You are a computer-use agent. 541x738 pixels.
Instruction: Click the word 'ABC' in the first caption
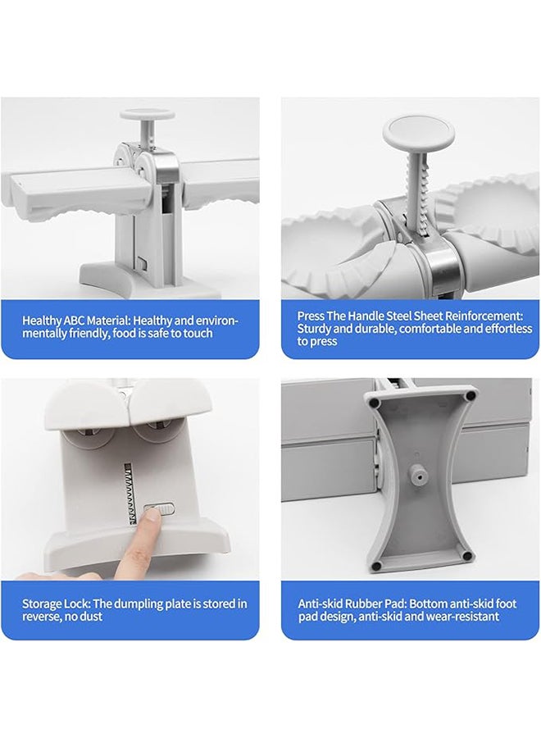click(x=73, y=321)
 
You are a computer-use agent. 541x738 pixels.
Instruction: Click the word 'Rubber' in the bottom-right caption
click(x=363, y=604)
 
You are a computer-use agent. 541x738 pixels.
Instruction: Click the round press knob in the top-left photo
click(x=148, y=115)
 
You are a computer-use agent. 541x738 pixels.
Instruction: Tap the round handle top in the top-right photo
click(x=419, y=132)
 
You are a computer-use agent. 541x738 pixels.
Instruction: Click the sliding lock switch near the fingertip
click(x=160, y=508)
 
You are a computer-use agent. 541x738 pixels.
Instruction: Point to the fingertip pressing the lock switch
click(x=150, y=520)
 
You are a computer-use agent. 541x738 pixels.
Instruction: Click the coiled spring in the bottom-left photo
click(x=130, y=494)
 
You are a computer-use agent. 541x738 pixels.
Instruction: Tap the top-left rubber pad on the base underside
click(x=375, y=403)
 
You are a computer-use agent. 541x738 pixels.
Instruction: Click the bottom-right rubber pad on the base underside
click(x=466, y=556)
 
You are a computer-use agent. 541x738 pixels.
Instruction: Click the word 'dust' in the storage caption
click(x=91, y=616)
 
